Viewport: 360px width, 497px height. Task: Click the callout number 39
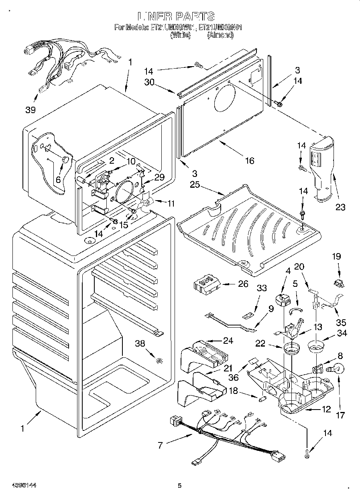point(30,110)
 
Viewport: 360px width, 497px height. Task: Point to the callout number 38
point(140,344)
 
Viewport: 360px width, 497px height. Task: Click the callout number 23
point(340,207)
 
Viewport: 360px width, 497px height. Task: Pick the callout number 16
point(249,161)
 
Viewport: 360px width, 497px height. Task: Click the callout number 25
point(195,185)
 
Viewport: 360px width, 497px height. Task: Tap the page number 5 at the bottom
point(180,486)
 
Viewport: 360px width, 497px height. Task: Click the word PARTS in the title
point(193,16)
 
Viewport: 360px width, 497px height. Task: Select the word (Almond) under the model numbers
point(220,35)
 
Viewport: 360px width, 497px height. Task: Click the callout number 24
point(228,341)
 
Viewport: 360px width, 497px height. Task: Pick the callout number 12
point(326,410)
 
